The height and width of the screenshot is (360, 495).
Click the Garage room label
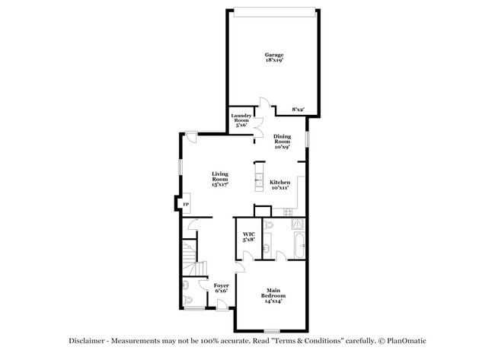[274, 58]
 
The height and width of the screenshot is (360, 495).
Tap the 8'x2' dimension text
[298, 110]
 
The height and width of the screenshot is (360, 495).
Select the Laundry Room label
[241, 120]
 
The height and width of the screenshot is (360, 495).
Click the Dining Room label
[282, 142]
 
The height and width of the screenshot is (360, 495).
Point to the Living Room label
[220, 180]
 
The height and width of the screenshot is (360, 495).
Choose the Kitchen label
[280, 184]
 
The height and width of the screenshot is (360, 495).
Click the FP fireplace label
[185, 204]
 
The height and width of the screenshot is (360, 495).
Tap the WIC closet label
[249, 237]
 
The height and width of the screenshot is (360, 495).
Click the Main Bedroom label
[272, 298]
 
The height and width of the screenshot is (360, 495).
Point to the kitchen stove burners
[299, 224]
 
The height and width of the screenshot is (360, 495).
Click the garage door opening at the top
[274, 11]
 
